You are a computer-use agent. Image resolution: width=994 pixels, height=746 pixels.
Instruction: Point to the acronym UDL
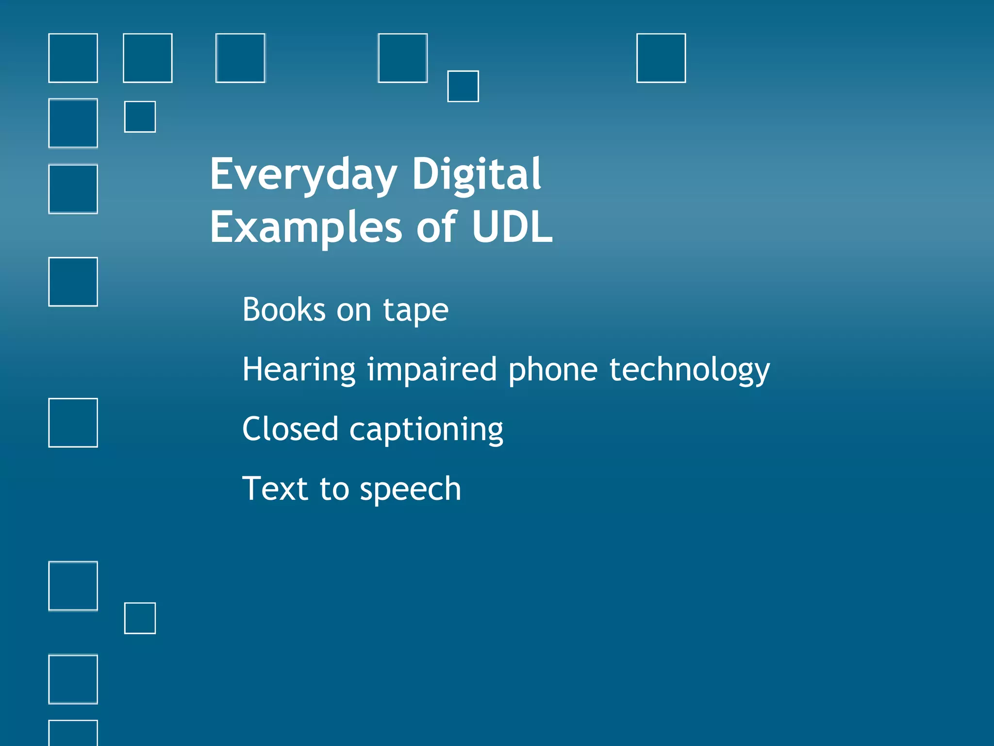tap(512, 227)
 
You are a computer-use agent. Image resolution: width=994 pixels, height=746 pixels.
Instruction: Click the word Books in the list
tap(284, 309)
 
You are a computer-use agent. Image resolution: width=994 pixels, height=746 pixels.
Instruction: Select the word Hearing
tap(298, 370)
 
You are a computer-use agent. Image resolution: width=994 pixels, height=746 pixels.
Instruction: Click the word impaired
tap(431, 370)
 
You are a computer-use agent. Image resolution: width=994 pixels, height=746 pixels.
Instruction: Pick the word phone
tap(553, 370)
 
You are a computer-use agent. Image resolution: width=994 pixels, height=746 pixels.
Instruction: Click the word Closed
tap(290, 429)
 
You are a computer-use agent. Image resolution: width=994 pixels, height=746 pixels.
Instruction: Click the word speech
tap(410, 490)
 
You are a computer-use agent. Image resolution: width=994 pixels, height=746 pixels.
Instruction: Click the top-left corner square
tap(73, 58)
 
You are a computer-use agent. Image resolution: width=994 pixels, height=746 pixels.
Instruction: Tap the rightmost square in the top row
tap(661, 58)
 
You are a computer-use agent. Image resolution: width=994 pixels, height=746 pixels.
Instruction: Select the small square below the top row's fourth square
tap(463, 86)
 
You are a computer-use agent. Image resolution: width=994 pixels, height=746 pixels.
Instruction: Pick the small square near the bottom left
tap(140, 618)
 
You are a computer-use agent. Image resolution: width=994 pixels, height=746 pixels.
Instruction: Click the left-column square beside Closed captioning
tap(73, 423)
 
